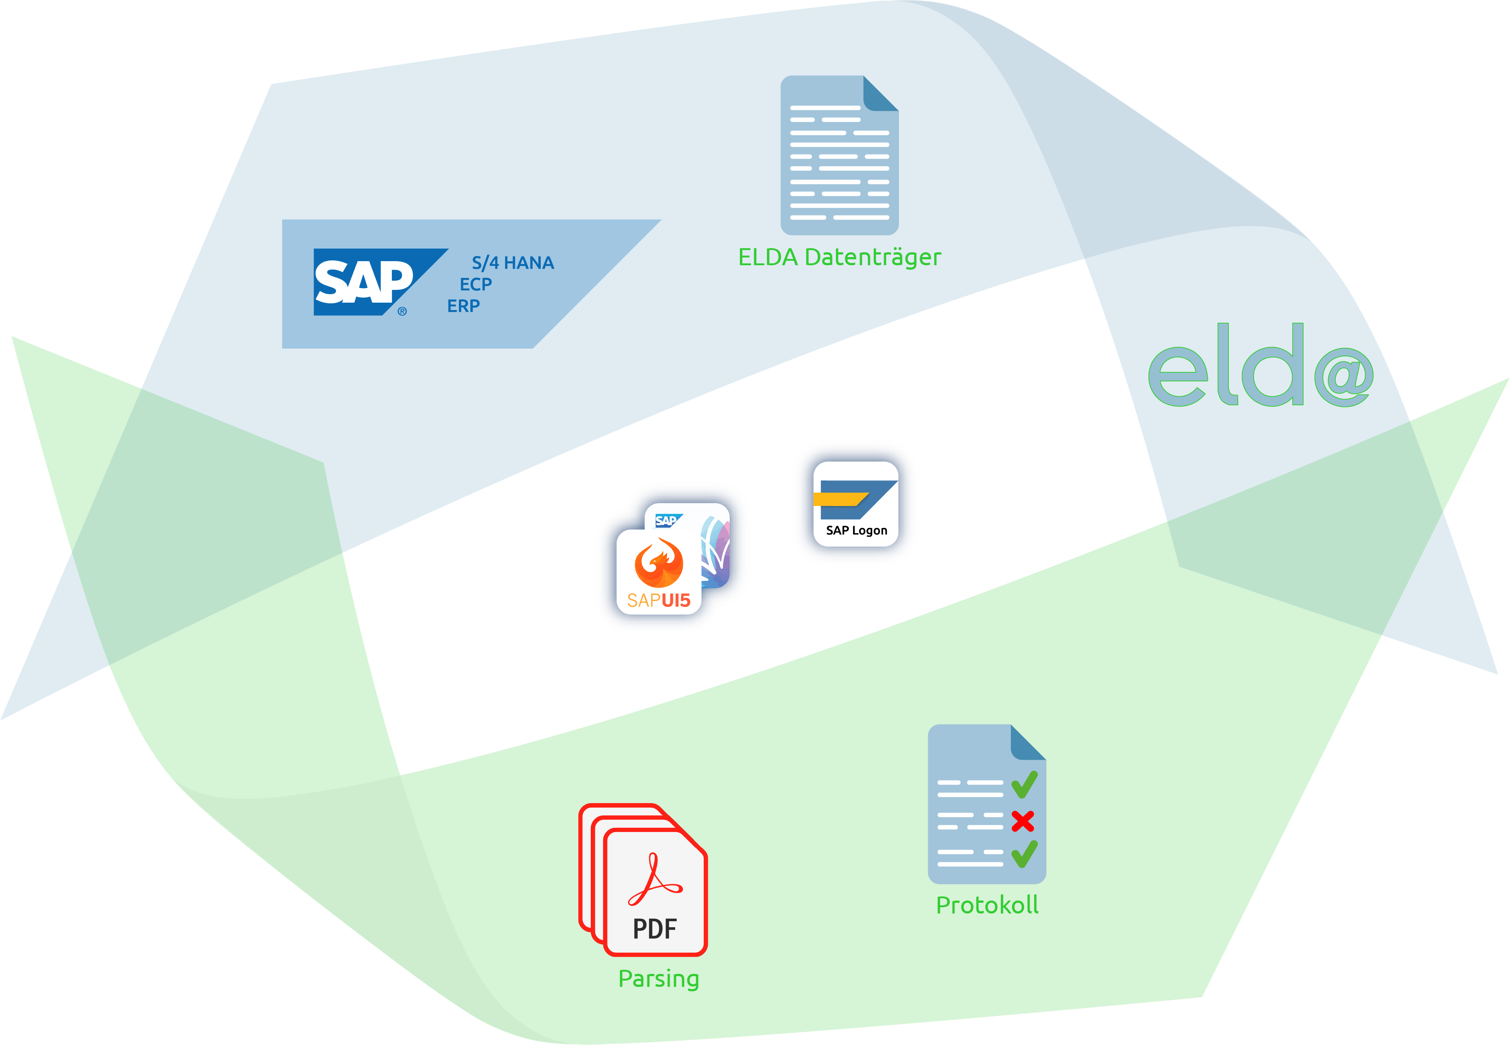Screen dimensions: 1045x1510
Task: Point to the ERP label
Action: pos(463,306)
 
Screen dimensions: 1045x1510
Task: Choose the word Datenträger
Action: pos(873,257)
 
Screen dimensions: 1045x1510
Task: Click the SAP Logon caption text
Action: pos(856,530)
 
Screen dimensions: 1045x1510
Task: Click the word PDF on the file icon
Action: pos(654,928)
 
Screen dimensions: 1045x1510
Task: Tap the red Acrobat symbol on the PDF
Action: pos(654,880)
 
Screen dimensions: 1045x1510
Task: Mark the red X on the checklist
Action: pos(1022,821)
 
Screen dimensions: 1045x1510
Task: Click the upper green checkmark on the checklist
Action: pos(1024,785)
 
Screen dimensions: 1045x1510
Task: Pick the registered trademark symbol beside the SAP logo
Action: pos(402,311)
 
